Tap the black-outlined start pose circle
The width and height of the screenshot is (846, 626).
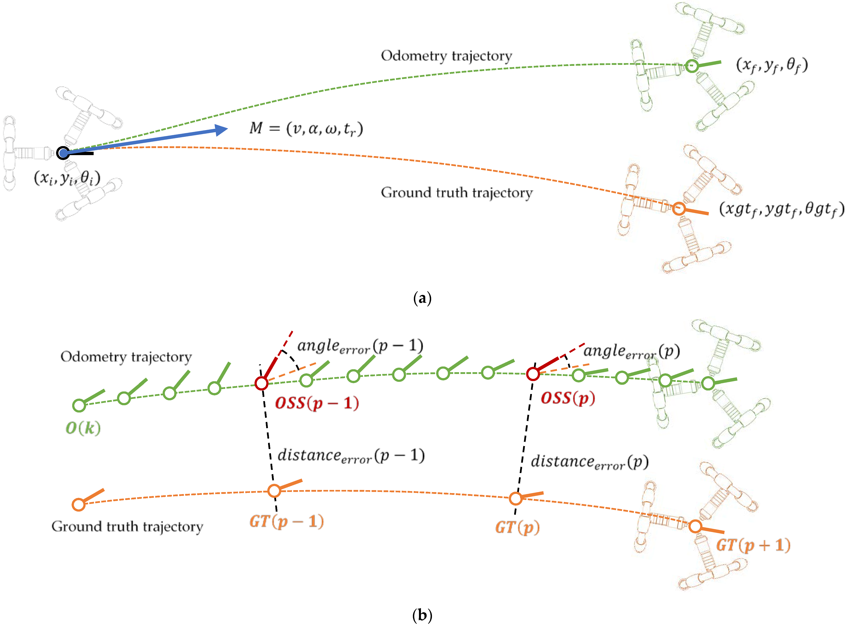pos(63,153)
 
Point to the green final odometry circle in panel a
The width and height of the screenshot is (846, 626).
pos(692,66)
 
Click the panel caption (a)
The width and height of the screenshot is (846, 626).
pos(422,298)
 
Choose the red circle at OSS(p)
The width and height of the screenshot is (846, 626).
pos(533,374)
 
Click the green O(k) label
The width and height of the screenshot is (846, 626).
pos(83,428)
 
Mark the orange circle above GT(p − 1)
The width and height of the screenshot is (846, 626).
pos(274,491)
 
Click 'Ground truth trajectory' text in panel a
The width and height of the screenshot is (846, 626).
pos(457,192)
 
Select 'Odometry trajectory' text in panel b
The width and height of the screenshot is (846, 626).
pos(126,357)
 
